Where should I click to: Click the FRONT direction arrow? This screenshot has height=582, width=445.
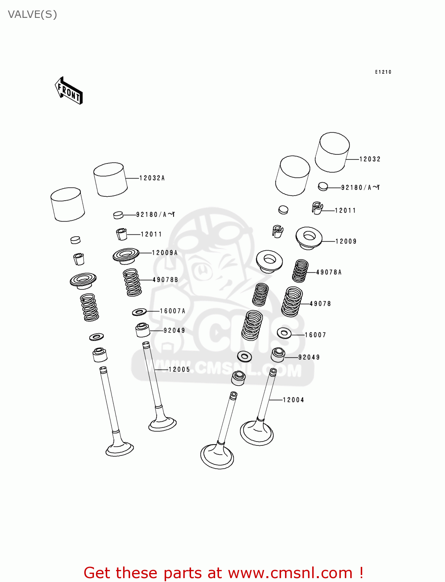69,91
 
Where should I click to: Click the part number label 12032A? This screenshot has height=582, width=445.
152,178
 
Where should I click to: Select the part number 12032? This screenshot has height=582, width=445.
370,159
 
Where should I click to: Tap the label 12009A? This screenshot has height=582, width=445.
165,253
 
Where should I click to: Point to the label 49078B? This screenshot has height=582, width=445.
165,280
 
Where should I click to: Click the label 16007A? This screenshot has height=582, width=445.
172,311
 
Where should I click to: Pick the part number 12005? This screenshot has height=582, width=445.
179,369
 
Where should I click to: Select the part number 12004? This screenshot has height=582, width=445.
293,400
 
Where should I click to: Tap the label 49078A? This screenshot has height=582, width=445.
329,272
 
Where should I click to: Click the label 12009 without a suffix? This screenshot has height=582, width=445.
346,241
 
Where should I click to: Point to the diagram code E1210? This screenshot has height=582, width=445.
383,72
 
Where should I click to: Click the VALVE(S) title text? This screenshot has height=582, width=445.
33,14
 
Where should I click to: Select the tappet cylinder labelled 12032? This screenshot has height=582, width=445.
332,152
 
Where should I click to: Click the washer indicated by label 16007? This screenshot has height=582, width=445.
284,333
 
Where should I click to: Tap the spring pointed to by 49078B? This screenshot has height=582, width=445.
132,282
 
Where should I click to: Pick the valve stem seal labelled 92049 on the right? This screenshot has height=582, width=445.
278,355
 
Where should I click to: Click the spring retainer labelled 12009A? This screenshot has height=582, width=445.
126,256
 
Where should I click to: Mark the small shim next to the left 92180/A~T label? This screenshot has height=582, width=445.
118,215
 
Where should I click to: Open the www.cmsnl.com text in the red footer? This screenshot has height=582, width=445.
290,573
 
